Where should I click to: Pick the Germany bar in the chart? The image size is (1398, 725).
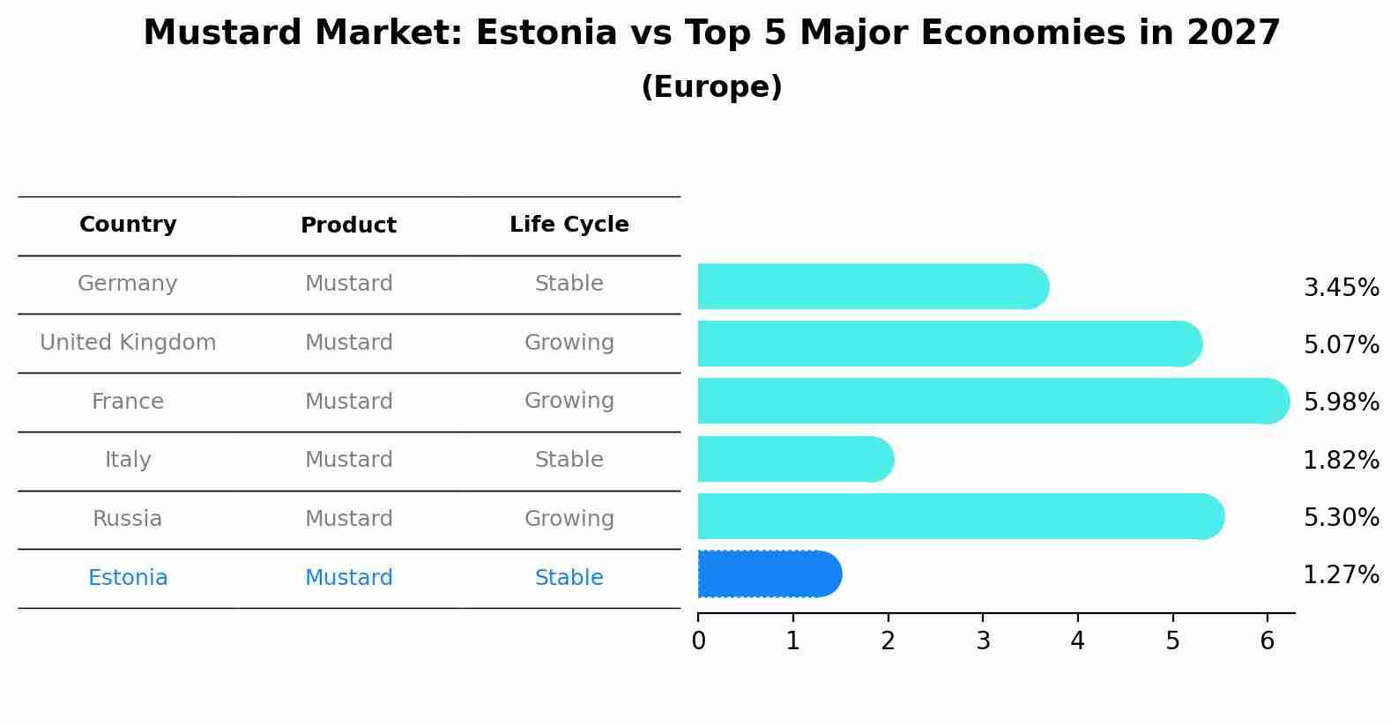pyautogui.click(x=873, y=286)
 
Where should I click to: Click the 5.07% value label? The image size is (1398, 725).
pyautogui.click(x=1341, y=344)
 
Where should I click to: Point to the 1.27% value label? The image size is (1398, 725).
pyautogui.click(x=1341, y=575)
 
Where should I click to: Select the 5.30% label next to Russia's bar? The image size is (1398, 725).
pyautogui.click(x=1341, y=517)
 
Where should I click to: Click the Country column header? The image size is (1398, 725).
pyautogui.click(x=128, y=225)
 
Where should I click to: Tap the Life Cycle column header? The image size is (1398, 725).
pyautogui.click(x=569, y=225)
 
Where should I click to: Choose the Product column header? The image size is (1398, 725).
pyautogui.click(x=348, y=226)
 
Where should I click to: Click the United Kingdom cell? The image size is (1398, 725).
pyautogui.click(x=128, y=343)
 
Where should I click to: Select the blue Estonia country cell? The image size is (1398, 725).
pyautogui.click(x=128, y=578)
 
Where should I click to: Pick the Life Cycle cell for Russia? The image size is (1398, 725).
pyautogui.click(x=569, y=519)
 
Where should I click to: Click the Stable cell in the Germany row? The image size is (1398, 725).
pyautogui.click(x=569, y=284)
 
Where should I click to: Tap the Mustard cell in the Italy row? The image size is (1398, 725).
pyautogui.click(x=348, y=460)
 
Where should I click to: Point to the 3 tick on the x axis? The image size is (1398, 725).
pyautogui.click(x=983, y=640)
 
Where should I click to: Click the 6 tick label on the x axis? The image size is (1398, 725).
pyautogui.click(x=1267, y=640)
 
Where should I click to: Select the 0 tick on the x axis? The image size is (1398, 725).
pyautogui.click(x=698, y=640)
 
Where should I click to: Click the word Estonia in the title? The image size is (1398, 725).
pyautogui.click(x=547, y=33)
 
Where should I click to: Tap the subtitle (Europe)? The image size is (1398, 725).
pyautogui.click(x=711, y=87)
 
